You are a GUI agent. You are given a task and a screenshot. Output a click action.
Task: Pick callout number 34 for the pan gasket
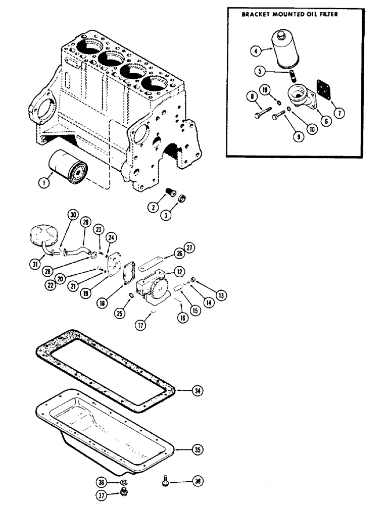[198, 390]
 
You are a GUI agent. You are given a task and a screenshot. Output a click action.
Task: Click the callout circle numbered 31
[35, 263]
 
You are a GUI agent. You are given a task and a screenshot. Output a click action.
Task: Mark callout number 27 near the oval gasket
[189, 247]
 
